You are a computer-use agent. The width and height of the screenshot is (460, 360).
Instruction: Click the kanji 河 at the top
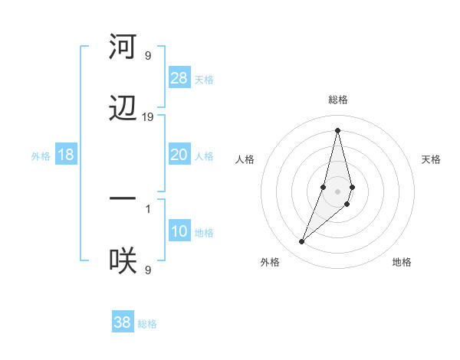pyautogui.click(x=123, y=47)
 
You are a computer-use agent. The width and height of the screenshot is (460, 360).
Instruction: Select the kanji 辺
pyautogui.click(x=123, y=109)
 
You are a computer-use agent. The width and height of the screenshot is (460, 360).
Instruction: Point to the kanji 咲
pyautogui.click(x=123, y=261)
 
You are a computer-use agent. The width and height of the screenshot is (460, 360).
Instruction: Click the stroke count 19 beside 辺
pyautogui.click(x=148, y=117)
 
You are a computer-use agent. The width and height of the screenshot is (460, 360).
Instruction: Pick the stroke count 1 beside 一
pyautogui.click(x=148, y=208)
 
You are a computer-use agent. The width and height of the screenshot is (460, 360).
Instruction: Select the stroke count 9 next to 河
pyautogui.click(x=148, y=56)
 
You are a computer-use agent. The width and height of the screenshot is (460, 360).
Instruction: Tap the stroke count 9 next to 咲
pyautogui.click(x=148, y=270)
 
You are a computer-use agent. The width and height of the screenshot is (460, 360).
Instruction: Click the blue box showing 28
pyautogui.click(x=179, y=78)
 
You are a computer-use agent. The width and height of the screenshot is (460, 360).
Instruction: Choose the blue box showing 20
pyautogui.click(x=179, y=155)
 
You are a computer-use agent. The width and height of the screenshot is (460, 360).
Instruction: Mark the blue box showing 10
pyautogui.click(x=179, y=231)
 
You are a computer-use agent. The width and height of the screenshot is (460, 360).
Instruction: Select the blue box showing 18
pyautogui.click(x=66, y=155)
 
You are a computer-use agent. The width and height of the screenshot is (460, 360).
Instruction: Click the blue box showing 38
pyautogui.click(x=123, y=322)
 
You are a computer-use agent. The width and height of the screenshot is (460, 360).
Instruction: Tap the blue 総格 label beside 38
pyautogui.click(x=147, y=324)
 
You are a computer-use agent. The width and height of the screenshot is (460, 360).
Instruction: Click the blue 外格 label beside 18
pyautogui.click(x=41, y=156)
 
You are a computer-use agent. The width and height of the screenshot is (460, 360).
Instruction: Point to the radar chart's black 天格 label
pyautogui.click(x=431, y=159)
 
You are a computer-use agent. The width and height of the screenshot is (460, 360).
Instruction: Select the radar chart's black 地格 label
pyautogui.click(x=402, y=262)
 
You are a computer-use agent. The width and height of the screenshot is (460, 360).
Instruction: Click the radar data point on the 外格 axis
pyautogui.click(x=302, y=242)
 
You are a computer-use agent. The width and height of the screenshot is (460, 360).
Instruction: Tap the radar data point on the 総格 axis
pyautogui.click(x=337, y=129)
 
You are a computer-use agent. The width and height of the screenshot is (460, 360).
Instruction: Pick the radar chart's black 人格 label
pyautogui.click(x=245, y=159)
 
